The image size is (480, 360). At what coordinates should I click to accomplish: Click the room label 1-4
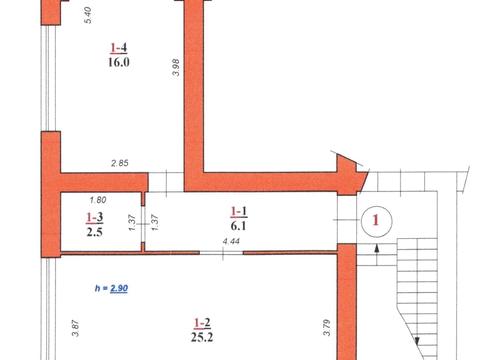(x=119, y=48)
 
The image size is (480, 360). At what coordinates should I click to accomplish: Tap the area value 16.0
(x=119, y=62)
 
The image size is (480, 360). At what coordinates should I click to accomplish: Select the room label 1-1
(x=239, y=211)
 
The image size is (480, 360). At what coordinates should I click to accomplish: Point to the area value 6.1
(x=238, y=226)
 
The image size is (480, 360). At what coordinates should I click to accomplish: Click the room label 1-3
(x=95, y=218)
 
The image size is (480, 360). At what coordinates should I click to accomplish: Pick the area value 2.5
(x=95, y=232)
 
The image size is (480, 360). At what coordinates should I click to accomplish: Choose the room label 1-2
(x=202, y=323)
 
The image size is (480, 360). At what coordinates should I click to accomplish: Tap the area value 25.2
(x=202, y=337)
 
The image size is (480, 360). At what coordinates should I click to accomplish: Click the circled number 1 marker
(x=376, y=220)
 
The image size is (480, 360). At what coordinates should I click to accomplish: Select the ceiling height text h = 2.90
(x=111, y=288)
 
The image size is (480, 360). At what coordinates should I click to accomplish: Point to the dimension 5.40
(x=88, y=15)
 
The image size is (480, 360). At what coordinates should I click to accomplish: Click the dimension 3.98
(x=176, y=67)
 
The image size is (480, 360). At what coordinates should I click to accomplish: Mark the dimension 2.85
(x=120, y=163)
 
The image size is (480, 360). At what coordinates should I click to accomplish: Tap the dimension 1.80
(x=98, y=200)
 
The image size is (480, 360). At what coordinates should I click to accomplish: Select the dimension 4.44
(x=231, y=241)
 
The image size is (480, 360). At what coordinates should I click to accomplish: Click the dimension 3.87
(x=76, y=328)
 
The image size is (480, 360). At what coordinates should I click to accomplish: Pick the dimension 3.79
(x=327, y=328)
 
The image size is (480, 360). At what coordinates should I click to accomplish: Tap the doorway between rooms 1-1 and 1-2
(x=222, y=253)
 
